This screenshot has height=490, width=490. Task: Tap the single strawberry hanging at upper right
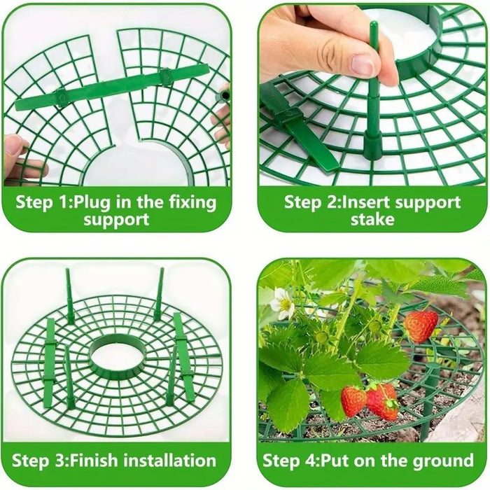pyautogui.click(x=420, y=325)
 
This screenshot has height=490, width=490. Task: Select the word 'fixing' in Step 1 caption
pyautogui.click(x=191, y=203)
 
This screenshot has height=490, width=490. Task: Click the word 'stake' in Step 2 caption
pyautogui.click(x=372, y=220)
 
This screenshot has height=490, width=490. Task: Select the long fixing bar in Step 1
pyautogui.click(x=112, y=87)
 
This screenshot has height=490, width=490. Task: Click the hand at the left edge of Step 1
pyautogui.click(x=17, y=157)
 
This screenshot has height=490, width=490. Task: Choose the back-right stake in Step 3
pyautogui.click(x=160, y=293)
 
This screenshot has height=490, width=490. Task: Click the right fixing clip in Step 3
pyautogui.click(x=184, y=356)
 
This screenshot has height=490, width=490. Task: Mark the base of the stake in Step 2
pyautogui.click(x=373, y=143)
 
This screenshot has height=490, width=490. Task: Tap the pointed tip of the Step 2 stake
pyautogui.click(x=373, y=26)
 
